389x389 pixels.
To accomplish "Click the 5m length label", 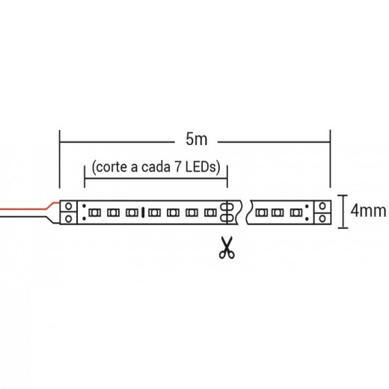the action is point(197,139).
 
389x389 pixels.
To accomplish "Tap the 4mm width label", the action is point(368,211).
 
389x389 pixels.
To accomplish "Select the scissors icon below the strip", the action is point(227,248).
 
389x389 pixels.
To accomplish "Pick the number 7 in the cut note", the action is point(178,167).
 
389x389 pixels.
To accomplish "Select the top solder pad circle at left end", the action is point(68,206).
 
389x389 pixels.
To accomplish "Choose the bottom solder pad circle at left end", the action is point(68,218).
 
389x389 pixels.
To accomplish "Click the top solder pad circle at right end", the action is point(322,206).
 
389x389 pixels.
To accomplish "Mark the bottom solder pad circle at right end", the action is point(322,218).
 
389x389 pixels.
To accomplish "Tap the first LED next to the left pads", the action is point(95,212).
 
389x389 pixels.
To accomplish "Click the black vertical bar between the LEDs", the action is point(143,212).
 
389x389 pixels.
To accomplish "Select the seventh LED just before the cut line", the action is point(210,212).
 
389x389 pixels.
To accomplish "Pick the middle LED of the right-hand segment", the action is point(278,212).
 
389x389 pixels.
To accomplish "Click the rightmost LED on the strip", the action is point(296,212).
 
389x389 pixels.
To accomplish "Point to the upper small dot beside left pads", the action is point(85,206).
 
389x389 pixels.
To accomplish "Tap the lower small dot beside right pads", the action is point(307,219).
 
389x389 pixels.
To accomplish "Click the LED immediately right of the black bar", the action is point(154,212).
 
